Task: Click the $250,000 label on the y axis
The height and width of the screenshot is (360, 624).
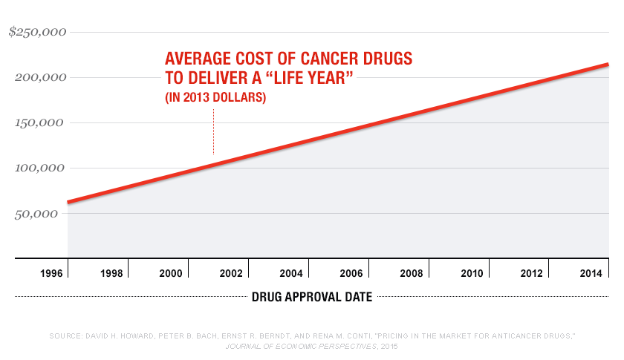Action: [x=37, y=32]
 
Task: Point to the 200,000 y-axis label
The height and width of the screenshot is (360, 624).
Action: [x=40, y=77]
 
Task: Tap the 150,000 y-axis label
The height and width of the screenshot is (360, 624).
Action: [x=40, y=122]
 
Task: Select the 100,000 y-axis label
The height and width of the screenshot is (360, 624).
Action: [x=40, y=168]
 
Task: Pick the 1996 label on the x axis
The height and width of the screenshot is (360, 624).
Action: [x=51, y=274]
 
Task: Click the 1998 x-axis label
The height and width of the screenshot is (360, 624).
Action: [x=111, y=274]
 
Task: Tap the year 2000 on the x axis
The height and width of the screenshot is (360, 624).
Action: [x=171, y=274]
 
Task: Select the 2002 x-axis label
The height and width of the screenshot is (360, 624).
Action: [x=231, y=274]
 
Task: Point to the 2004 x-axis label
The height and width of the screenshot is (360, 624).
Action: [x=291, y=274]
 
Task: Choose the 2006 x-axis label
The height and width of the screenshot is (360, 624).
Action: [x=351, y=274]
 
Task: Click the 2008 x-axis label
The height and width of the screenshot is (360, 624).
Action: [x=412, y=274]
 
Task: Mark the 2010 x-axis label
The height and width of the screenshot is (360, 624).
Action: [x=472, y=274]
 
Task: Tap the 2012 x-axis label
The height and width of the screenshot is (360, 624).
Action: [x=532, y=274]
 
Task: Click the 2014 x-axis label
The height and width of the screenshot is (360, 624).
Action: [x=592, y=274]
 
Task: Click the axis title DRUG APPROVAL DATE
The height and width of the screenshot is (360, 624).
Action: [x=312, y=298]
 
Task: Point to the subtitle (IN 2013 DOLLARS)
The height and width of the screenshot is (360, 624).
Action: [x=215, y=98]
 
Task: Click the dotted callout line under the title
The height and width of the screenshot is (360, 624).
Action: [x=214, y=131]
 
